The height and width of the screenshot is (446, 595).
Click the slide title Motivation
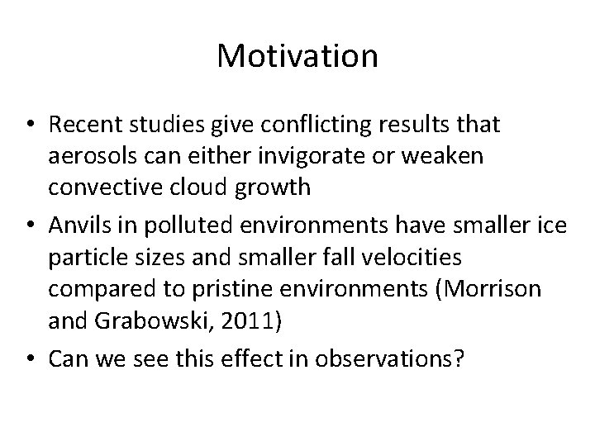(x=297, y=57)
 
